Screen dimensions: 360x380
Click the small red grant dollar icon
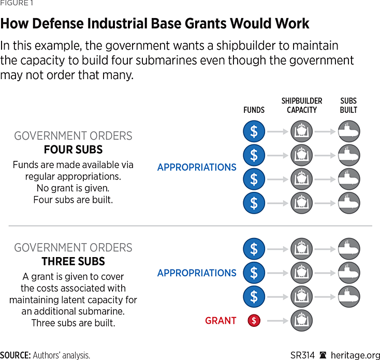pyautogui.click(x=254, y=321)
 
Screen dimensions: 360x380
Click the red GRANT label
pyautogui.click(x=221, y=321)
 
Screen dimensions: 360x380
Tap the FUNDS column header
pyautogui.click(x=254, y=110)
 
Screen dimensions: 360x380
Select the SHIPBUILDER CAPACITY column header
pyautogui.click(x=301, y=106)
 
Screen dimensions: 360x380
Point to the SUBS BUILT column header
pyautogui.click(x=348, y=106)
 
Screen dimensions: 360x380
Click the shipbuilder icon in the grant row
pyautogui.click(x=301, y=321)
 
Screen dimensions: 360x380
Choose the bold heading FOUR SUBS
pyautogui.click(x=73, y=150)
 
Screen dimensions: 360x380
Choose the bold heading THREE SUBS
pyautogui.click(x=73, y=262)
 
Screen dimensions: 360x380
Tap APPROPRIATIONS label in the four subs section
pyautogui.click(x=197, y=167)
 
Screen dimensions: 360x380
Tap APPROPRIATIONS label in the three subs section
pyautogui.click(x=197, y=273)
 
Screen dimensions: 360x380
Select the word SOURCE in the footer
pyautogui.click(x=15, y=355)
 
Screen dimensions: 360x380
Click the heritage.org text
pyautogui.click(x=356, y=355)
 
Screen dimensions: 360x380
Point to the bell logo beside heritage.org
pyautogui.click(x=324, y=355)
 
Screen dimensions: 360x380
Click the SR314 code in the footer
pyautogui.click(x=301, y=355)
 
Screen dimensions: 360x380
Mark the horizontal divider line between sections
pyautogui.click(x=190, y=226)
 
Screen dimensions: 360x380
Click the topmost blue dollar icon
pyautogui.click(x=254, y=132)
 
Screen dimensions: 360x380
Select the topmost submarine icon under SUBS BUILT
pyautogui.click(x=349, y=132)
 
